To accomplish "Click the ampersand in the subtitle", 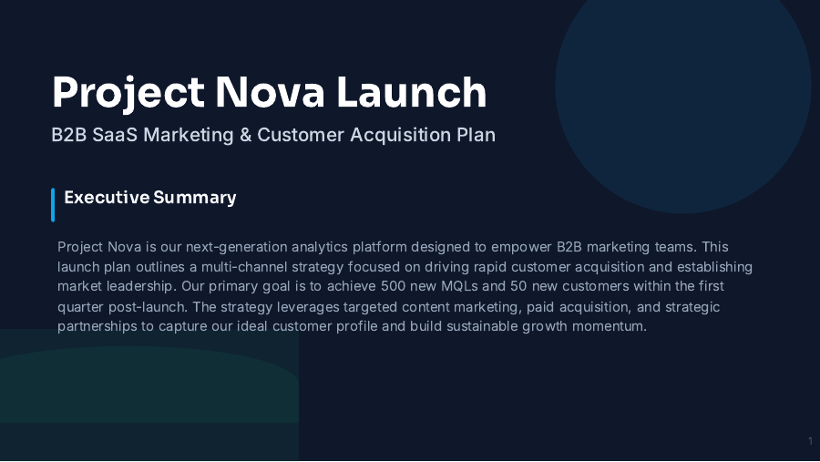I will click(245, 135).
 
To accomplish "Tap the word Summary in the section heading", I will click(194, 197).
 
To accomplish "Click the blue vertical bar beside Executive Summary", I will click(53, 204).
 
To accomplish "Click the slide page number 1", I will click(810, 442).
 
